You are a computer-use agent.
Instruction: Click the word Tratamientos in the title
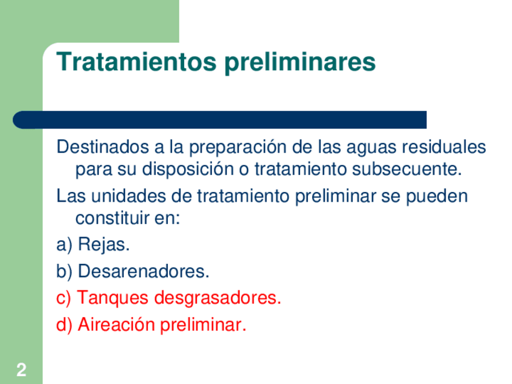(x=136, y=62)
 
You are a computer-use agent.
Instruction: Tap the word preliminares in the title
(x=299, y=63)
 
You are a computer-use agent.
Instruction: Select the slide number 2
(x=22, y=370)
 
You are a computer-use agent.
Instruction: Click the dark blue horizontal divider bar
(x=219, y=120)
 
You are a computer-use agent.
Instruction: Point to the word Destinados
(x=103, y=147)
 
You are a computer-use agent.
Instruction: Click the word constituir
(x=112, y=218)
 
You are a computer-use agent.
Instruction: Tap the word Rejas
(x=104, y=245)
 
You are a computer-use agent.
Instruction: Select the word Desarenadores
(x=144, y=271)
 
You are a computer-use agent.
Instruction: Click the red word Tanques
(x=113, y=298)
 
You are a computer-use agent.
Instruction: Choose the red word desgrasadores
(x=217, y=298)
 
